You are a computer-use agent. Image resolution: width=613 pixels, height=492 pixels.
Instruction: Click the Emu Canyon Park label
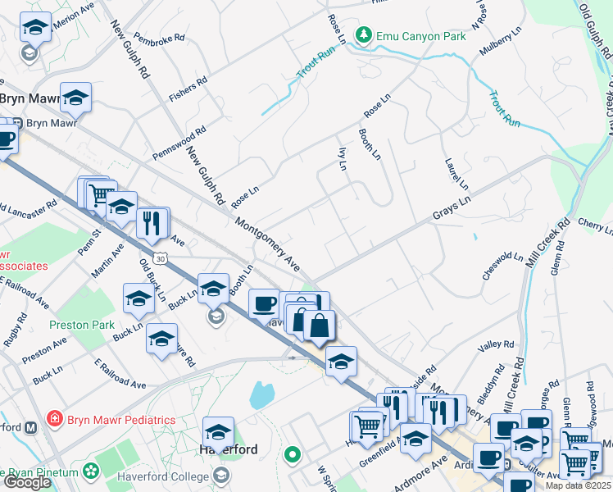[x=420, y=36]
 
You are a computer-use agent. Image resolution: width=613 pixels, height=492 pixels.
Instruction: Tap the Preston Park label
[x=82, y=324]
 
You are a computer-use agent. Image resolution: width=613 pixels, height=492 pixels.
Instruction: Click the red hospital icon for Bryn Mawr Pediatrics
[x=54, y=419]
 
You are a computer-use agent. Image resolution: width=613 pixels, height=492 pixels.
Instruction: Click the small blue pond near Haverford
[x=261, y=395]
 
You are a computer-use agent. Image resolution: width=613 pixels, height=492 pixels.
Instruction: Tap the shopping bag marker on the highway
[x=320, y=326]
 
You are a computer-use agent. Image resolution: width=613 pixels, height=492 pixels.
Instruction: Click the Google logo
[x=27, y=482]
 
